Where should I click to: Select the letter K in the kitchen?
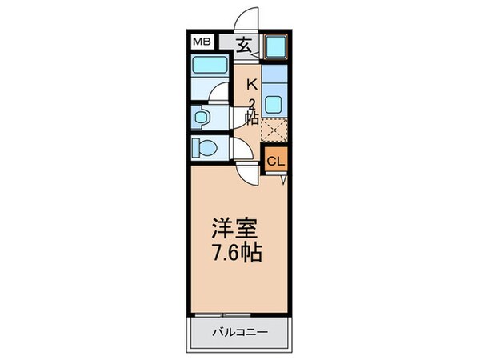pyautogui.click(x=251, y=84)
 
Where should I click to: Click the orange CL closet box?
pyautogui.click(x=275, y=161)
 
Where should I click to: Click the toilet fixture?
pyautogui.click(x=206, y=148)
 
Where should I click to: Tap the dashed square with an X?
pyautogui.click(x=274, y=130)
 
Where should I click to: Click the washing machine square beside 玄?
pyautogui.click(x=276, y=46)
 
